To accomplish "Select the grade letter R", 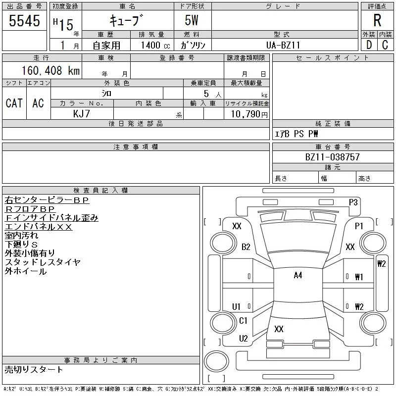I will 377,21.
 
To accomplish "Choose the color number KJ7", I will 82,113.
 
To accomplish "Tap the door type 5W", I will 193,21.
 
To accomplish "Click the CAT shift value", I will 14,103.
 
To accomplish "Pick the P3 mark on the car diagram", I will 353,201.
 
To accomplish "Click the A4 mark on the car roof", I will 297,275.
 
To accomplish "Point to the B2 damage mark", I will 246,247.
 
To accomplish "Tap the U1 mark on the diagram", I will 237,306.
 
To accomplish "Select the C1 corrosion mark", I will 243,321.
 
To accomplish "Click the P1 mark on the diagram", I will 359,226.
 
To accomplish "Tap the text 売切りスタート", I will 34,369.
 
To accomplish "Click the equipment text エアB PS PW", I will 297,134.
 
